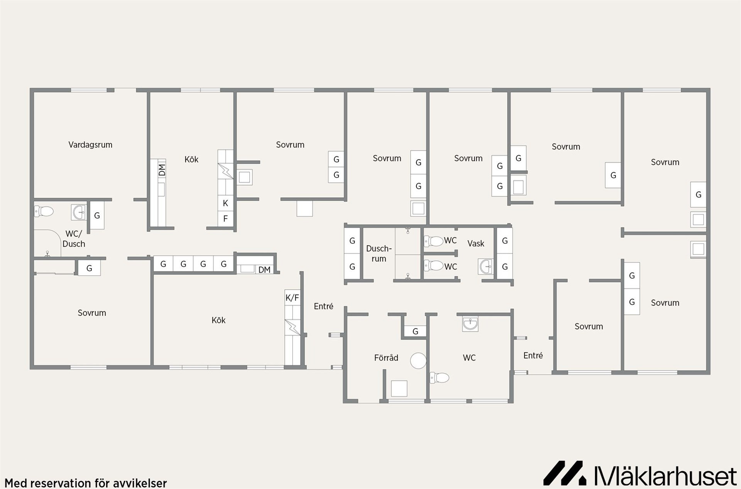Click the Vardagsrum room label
click(90, 145)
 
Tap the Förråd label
click(386, 358)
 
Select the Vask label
click(475, 244)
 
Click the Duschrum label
click(379, 254)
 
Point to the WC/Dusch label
click(74, 239)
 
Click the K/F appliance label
click(292, 298)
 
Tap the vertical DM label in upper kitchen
click(162, 170)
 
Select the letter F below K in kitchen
click(225, 219)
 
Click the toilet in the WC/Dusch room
click(44, 211)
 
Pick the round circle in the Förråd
click(418, 361)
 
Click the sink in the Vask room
click(486, 267)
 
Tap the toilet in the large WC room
click(440, 377)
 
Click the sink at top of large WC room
click(470, 324)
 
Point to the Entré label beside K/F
click(323, 306)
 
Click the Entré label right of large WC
click(533, 355)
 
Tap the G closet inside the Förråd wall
click(415, 331)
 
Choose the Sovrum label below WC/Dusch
click(92, 313)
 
